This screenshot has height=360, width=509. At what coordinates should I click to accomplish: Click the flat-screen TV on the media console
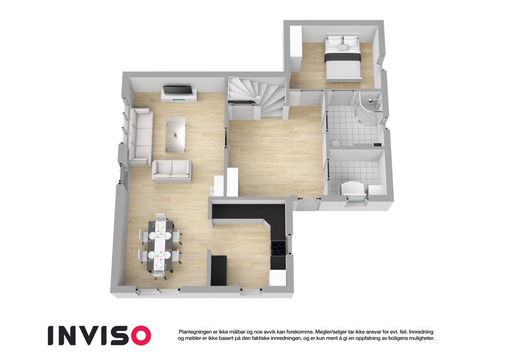tap(177, 89)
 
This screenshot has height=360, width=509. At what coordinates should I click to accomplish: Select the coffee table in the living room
tap(176, 135)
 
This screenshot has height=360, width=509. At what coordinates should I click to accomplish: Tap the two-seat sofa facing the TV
tap(171, 170)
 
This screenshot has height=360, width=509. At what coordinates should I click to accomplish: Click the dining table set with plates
tap(159, 245)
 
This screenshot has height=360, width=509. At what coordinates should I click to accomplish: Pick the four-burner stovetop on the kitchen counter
tap(279, 248)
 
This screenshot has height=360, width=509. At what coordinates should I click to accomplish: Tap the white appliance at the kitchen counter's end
tap(278, 278)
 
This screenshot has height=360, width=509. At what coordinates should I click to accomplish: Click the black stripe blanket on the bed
tap(343, 57)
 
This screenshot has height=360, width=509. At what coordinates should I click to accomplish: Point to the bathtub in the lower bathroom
tap(354, 188)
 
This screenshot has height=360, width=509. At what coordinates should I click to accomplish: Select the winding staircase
tap(257, 95)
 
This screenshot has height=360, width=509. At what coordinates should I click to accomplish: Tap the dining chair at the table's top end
tap(160, 217)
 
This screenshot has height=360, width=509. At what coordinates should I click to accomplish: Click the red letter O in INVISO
tap(139, 335)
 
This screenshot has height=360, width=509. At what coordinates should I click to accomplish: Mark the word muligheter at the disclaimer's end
tap(421, 338)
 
